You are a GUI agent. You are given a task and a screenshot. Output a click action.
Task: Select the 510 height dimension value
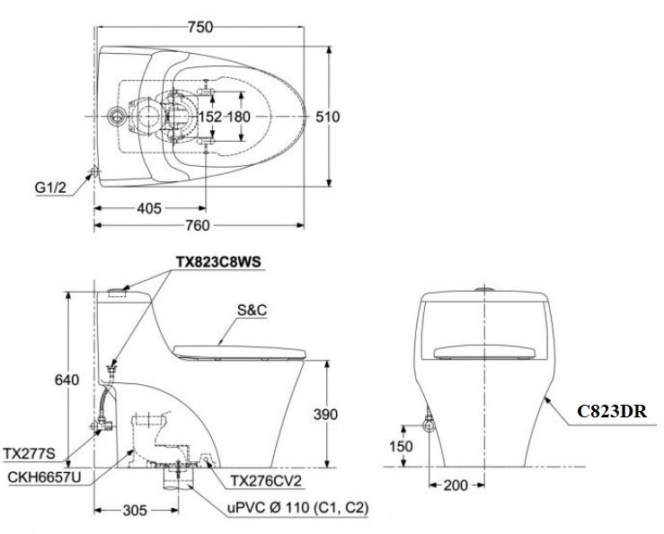point(329,117)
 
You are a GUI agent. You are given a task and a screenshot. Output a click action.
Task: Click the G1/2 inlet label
point(51,188)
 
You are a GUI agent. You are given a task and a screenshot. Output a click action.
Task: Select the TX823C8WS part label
point(218,261)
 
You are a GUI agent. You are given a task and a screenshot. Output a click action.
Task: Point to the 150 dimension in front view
point(402,446)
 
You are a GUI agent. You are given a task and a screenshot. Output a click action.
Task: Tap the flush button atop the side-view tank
point(119,292)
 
